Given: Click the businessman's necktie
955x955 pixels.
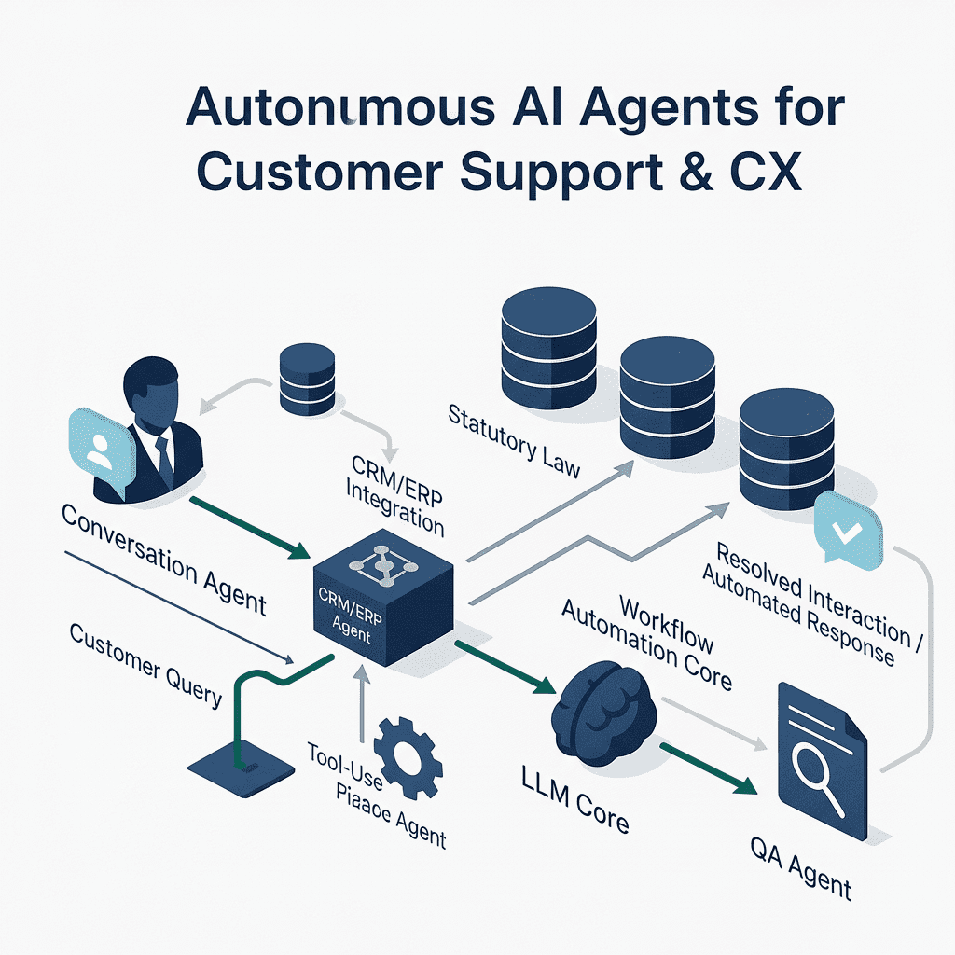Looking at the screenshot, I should click(164, 455).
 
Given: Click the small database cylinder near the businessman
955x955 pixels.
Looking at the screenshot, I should click(307, 380).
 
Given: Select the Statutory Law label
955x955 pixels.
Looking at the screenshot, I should click(513, 440).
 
